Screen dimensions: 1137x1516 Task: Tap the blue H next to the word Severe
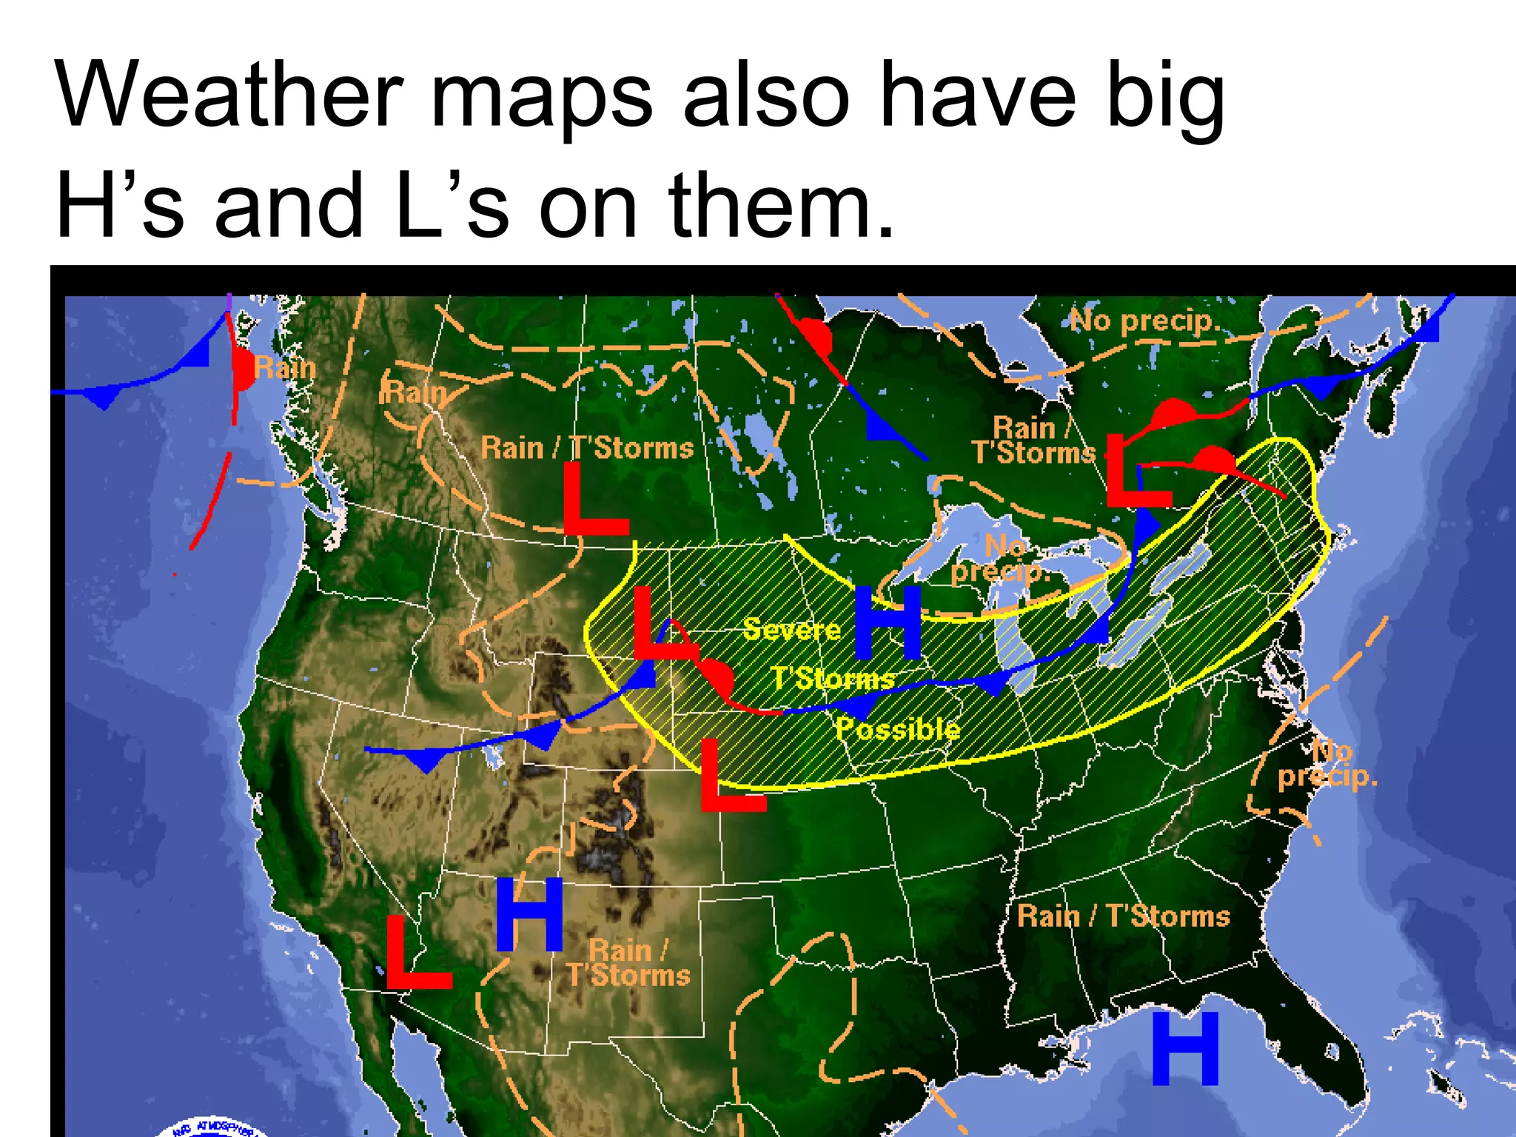click(x=888, y=623)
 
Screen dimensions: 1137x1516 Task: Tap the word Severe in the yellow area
click(x=791, y=629)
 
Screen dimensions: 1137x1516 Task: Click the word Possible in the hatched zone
click(x=898, y=730)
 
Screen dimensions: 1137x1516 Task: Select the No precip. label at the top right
click(x=1144, y=321)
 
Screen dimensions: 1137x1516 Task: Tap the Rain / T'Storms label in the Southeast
click(x=1123, y=916)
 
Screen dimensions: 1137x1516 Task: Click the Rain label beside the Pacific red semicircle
click(x=285, y=368)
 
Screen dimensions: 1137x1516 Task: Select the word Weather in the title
click(x=229, y=95)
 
